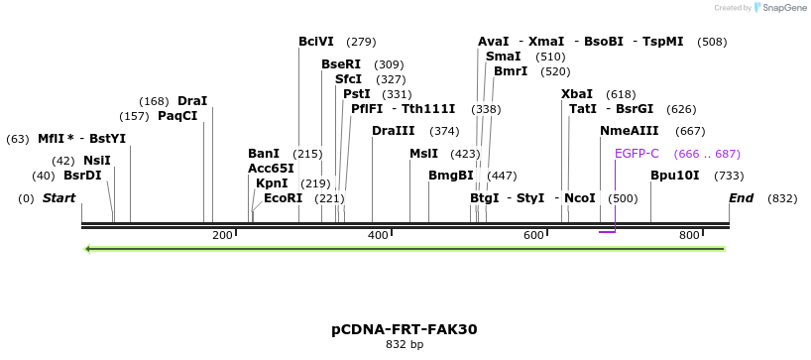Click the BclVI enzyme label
click(316, 42)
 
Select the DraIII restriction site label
click(394, 131)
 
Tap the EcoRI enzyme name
click(283, 198)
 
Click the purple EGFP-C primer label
click(637, 154)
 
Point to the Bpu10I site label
click(674, 176)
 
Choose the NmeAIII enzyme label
click(629, 131)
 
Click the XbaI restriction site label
click(577, 94)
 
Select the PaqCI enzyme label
click(177, 116)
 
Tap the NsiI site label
click(96, 161)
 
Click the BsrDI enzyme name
click(82, 176)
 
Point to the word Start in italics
click(58, 198)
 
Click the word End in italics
click(741, 198)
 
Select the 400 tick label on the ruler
click(378, 235)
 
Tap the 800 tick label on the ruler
click(689, 235)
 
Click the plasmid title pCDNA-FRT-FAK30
click(405, 328)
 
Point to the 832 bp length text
click(405, 345)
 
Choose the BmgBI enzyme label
click(450, 176)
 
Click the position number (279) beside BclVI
click(361, 42)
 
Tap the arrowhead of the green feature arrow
click(89, 248)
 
